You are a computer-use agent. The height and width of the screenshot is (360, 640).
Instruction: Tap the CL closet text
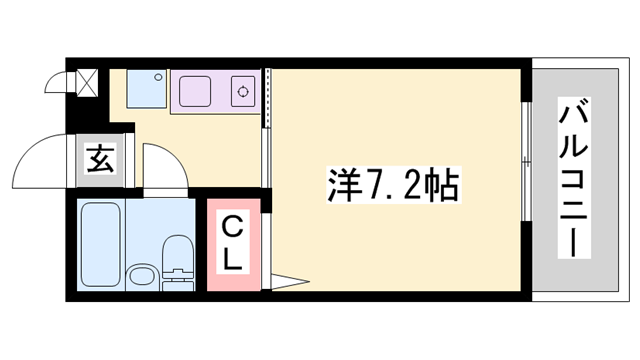[232, 242]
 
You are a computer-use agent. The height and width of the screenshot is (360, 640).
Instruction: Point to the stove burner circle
[243, 92]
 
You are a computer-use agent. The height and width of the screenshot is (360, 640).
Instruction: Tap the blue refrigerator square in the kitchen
[147, 91]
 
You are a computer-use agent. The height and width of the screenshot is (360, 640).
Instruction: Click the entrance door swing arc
[46, 160]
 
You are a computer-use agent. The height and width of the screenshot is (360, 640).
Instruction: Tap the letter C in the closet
[232, 225]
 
